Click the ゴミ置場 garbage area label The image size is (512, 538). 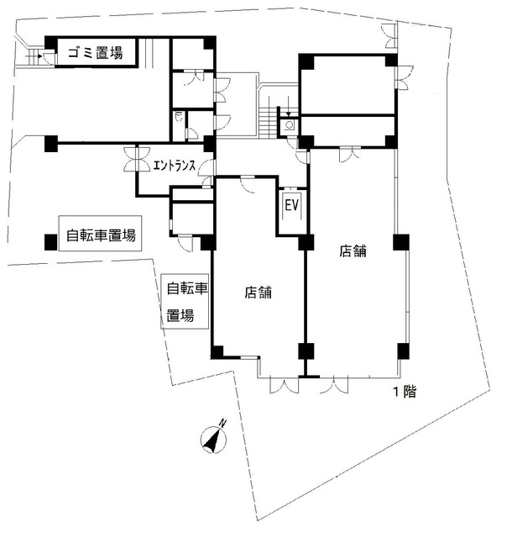(x=95, y=54)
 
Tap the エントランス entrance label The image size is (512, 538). (x=175, y=166)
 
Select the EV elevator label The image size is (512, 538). (x=292, y=204)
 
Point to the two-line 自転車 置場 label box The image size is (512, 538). (x=185, y=303)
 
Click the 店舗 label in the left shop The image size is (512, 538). (x=258, y=293)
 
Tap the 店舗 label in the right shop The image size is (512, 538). (x=353, y=250)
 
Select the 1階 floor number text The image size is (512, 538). (x=405, y=391)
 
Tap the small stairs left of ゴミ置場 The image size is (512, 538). (x=34, y=57)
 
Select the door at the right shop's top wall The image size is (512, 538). (x=347, y=152)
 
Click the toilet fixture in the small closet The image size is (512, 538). (x=180, y=119)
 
